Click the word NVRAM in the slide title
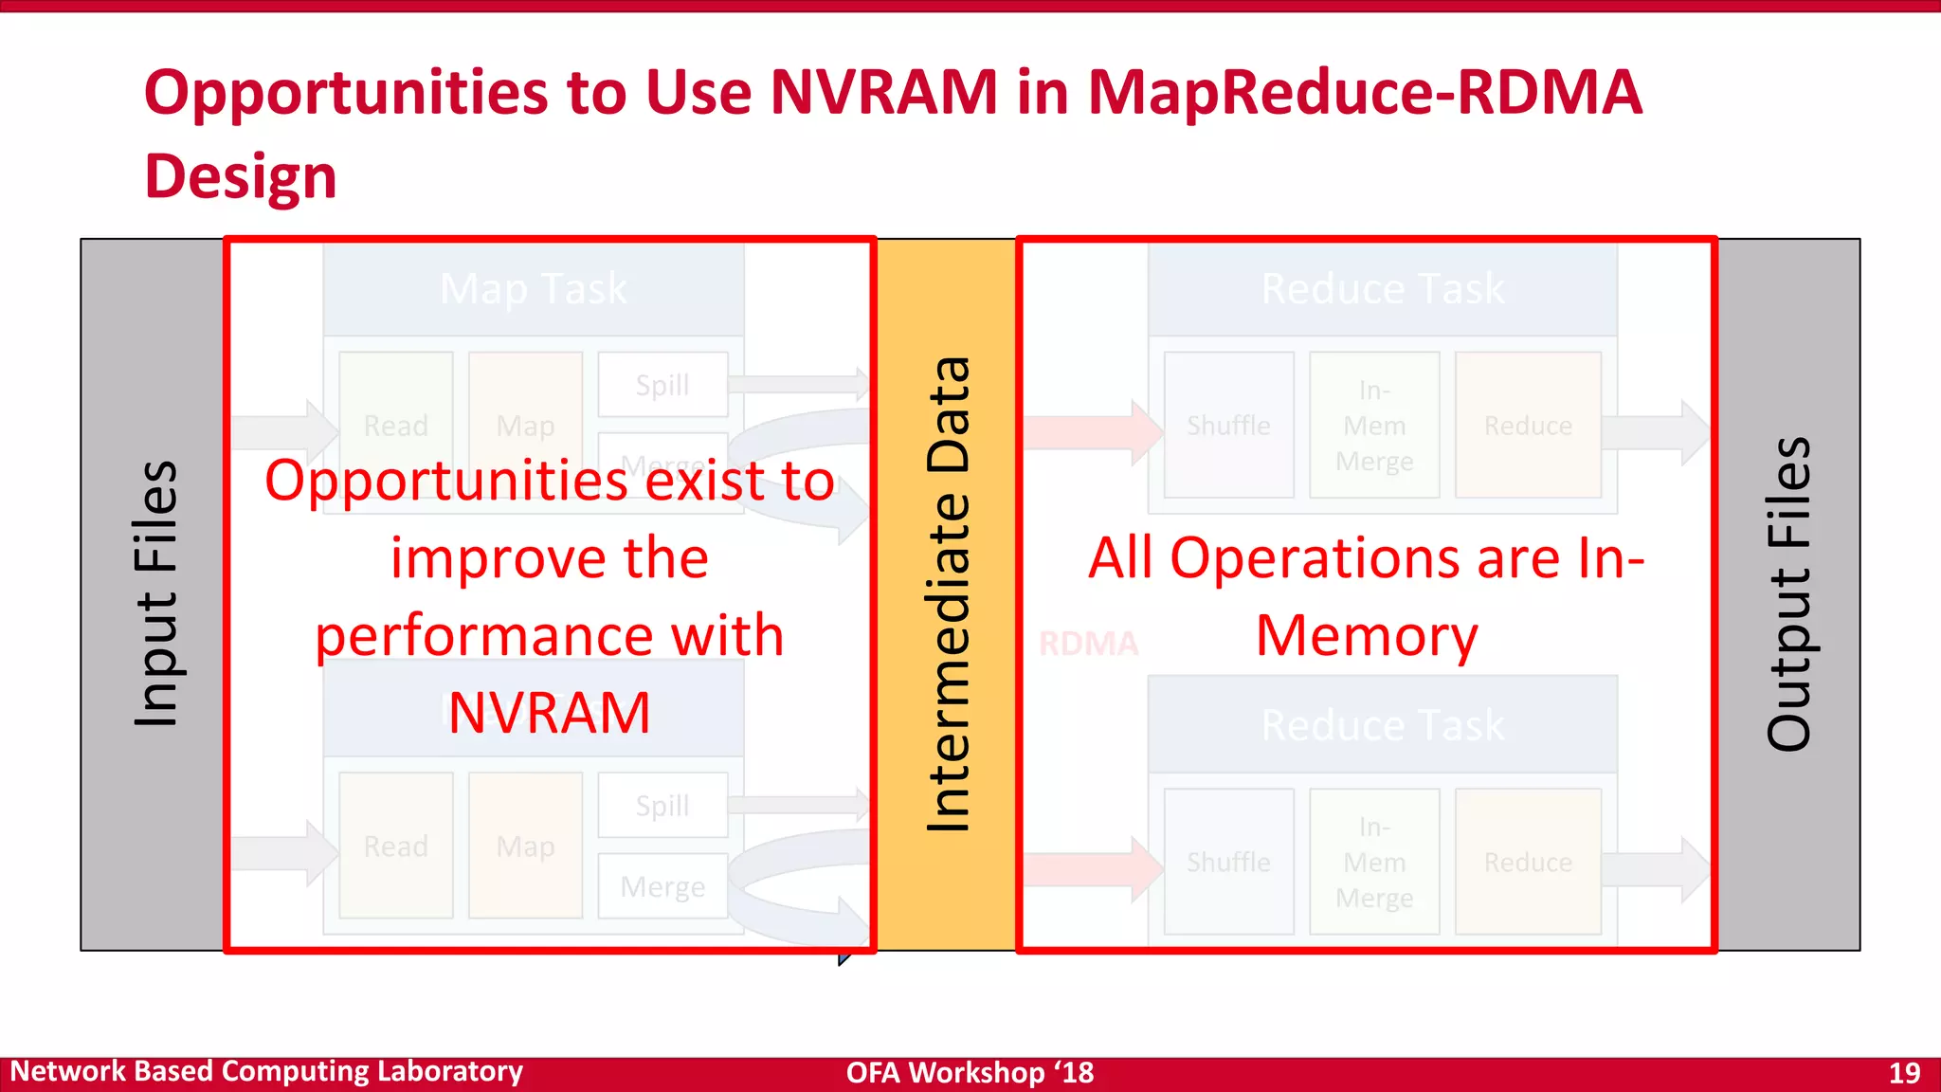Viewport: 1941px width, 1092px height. [883, 93]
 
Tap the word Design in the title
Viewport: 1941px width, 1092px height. [241, 177]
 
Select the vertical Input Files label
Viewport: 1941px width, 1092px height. [154, 594]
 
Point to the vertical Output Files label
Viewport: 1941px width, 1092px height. [1788, 594]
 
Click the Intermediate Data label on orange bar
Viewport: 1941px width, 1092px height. [948, 594]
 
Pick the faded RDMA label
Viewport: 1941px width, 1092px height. [1088, 644]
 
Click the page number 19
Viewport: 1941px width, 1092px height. [1904, 1073]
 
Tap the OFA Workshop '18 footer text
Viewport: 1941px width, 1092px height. [970, 1073]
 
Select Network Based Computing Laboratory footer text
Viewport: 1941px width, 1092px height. [266, 1071]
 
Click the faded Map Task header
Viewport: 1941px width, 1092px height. [533, 288]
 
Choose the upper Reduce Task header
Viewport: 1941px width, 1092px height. [1382, 288]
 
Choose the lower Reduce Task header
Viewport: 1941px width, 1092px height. [1382, 725]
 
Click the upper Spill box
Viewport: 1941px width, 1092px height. [662, 385]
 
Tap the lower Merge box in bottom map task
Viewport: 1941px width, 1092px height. [662, 886]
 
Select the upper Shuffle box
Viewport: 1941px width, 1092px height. [1228, 426]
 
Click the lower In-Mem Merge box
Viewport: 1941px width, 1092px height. [1374, 862]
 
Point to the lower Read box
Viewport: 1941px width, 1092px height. [395, 846]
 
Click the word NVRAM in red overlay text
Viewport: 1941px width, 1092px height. [549, 713]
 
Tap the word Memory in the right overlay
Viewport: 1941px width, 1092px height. [1367, 635]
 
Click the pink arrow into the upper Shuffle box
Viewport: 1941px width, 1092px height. [1090, 432]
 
